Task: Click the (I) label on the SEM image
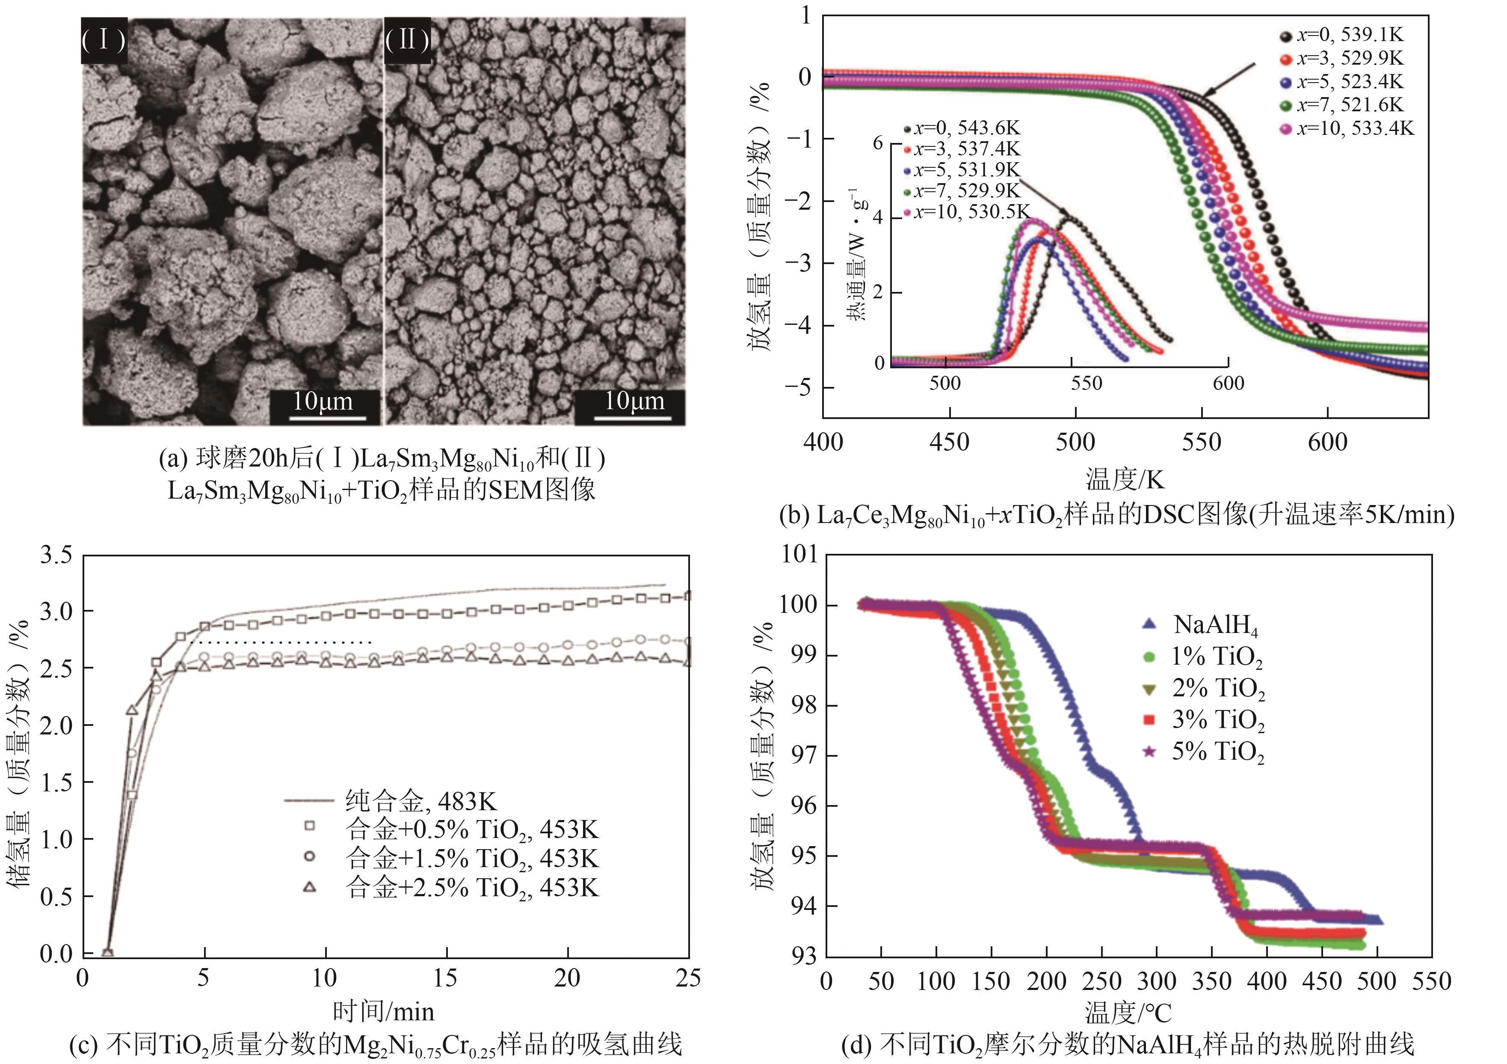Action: pyautogui.click(x=104, y=41)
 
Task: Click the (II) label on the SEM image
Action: pyautogui.click(x=407, y=41)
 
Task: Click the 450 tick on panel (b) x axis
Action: pyautogui.click(x=949, y=442)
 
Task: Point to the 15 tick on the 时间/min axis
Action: pyautogui.click(x=446, y=978)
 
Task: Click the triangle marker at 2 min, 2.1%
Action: pyautogui.click(x=132, y=710)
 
